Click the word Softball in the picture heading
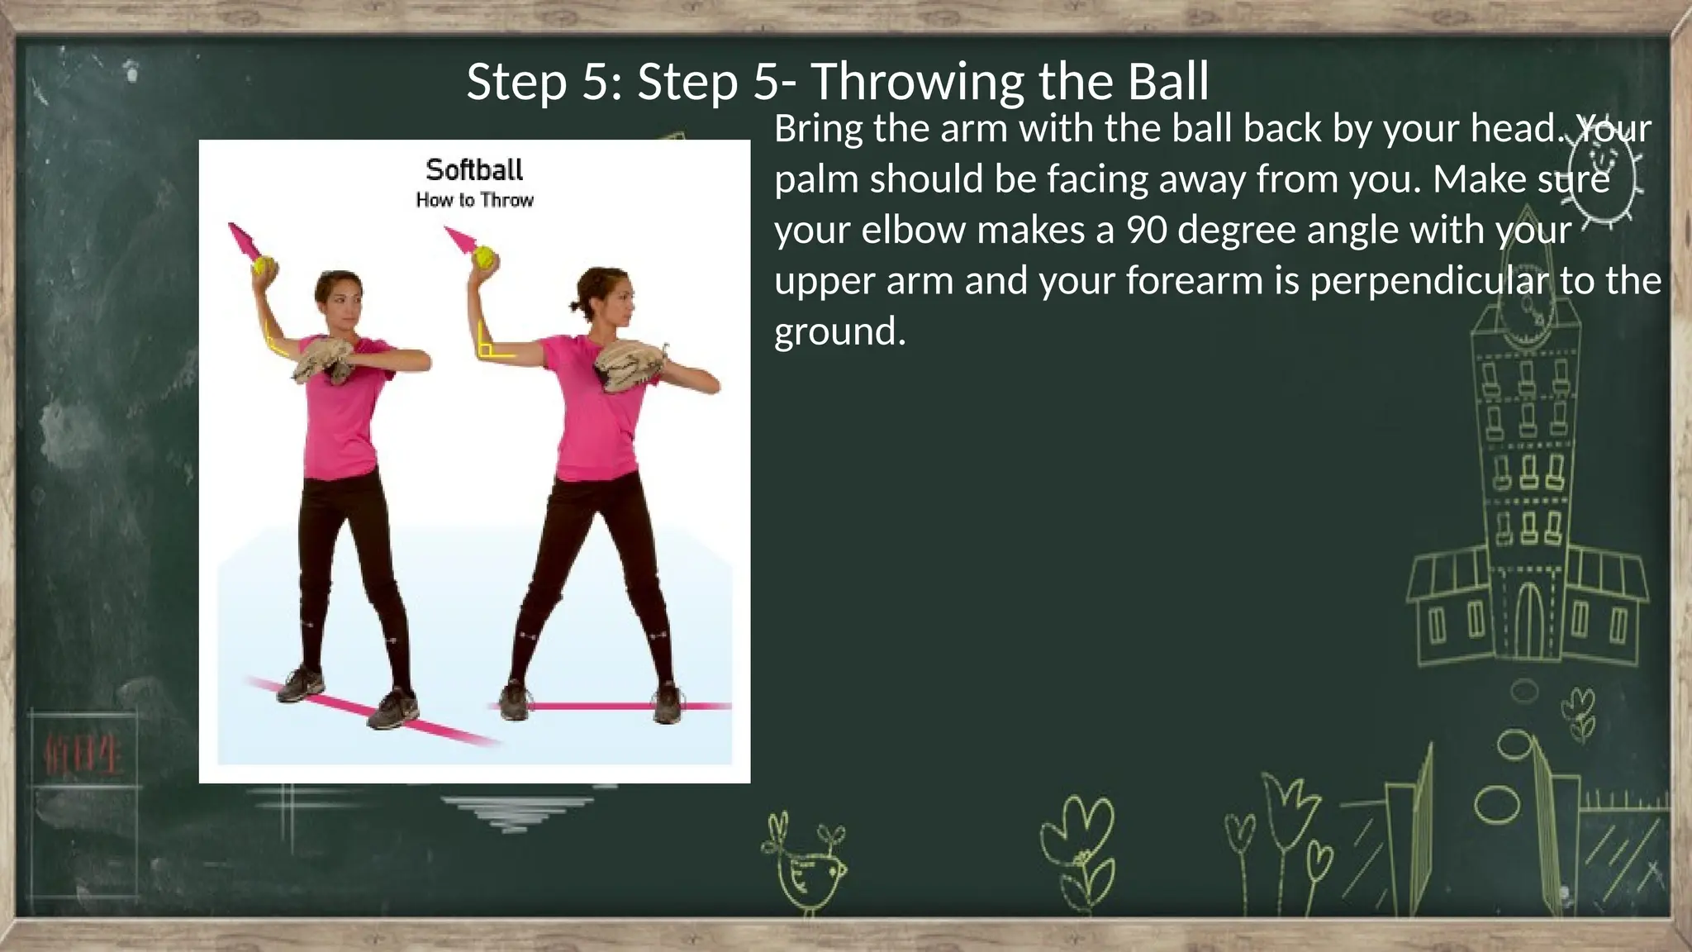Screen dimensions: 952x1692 [474, 169]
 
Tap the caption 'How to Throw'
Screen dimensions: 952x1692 [474, 200]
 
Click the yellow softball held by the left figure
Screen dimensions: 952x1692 [265, 266]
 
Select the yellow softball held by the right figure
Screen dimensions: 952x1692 [485, 257]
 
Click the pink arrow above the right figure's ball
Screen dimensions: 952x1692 [460, 239]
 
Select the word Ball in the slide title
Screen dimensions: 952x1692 [1166, 82]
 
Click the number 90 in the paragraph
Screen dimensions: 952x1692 [1147, 230]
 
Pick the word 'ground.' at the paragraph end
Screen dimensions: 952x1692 [839, 332]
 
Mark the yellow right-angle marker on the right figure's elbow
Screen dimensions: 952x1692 [491, 347]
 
